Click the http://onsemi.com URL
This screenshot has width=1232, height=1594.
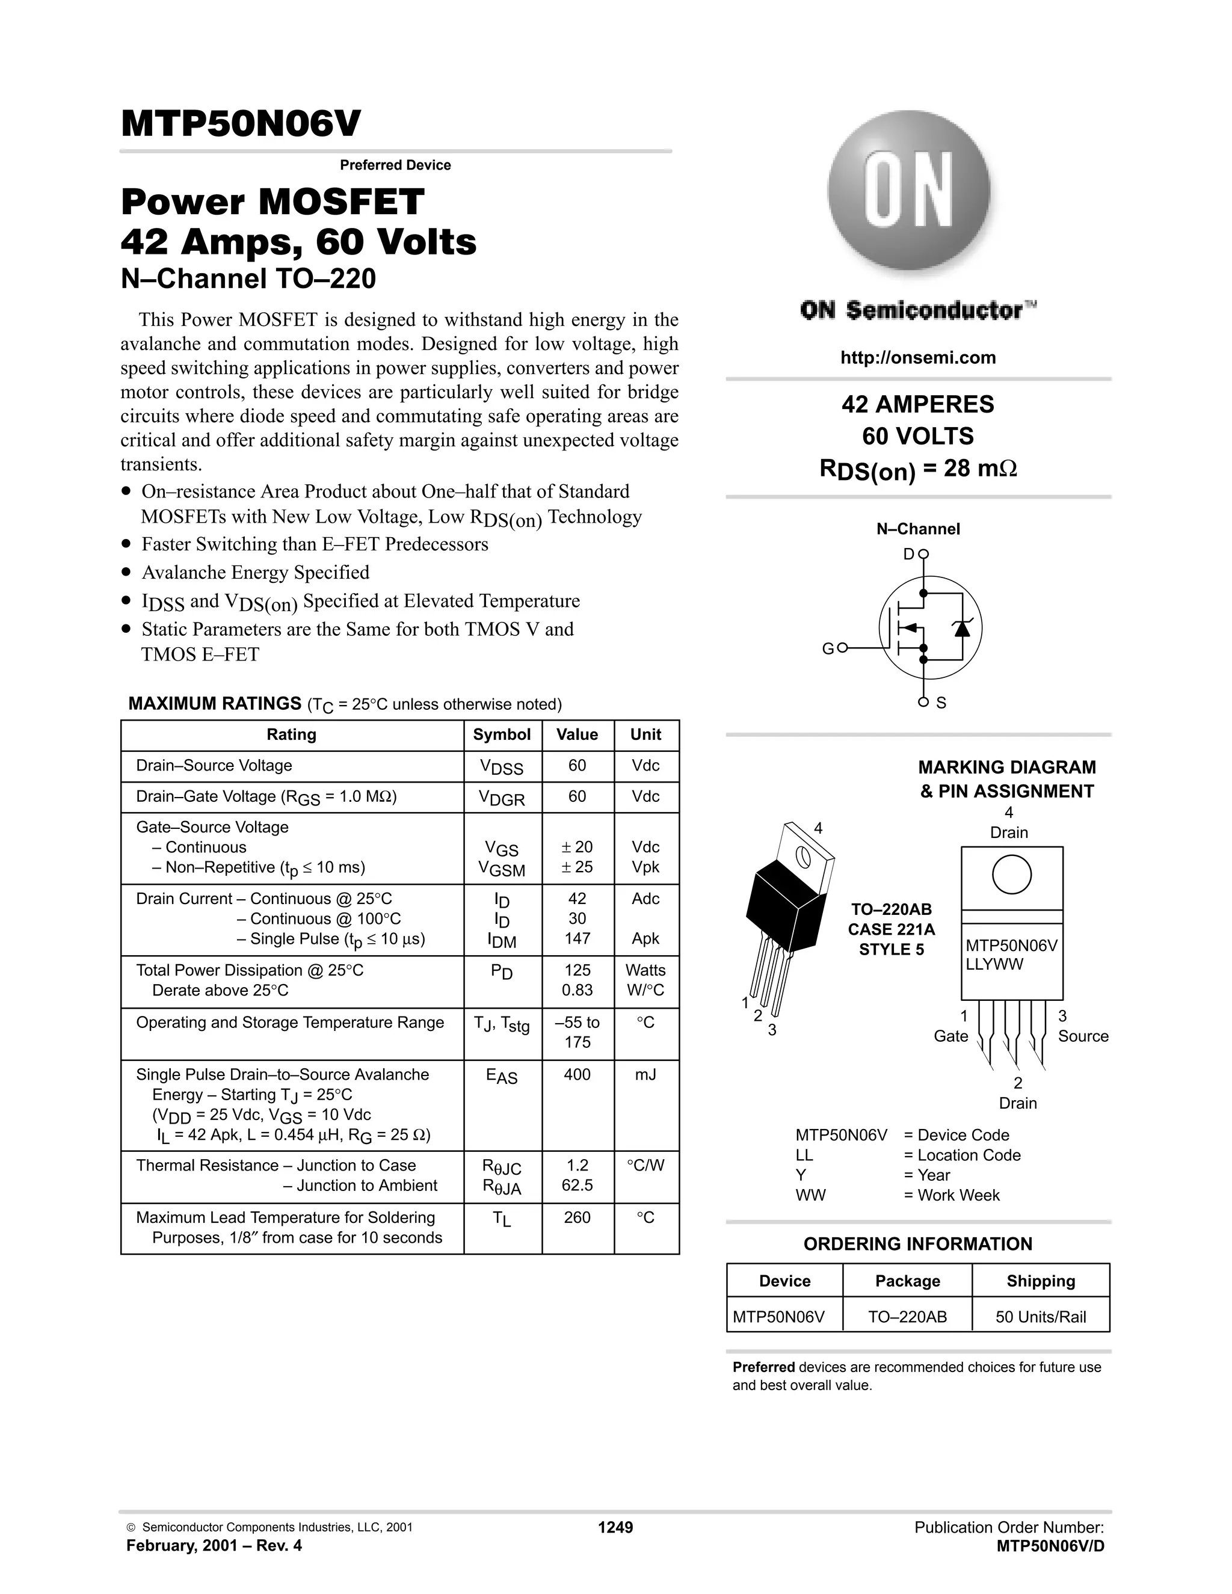coord(917,358)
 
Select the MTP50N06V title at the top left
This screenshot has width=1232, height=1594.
coord(241,124)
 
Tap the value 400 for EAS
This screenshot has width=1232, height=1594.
coord(576,1074)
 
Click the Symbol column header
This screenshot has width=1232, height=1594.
coord(502,735)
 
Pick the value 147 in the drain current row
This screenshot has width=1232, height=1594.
coord(576,938)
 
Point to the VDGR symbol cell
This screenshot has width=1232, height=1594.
coord(502,798)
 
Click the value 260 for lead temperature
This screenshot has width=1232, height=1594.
coord(576,1217)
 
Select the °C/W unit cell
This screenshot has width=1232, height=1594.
coord(645,1166)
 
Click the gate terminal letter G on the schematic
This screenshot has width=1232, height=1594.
coord(828,649)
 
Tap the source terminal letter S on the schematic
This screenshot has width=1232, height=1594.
coord(941,703)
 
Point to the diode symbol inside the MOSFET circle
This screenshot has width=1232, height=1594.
coord(962,627)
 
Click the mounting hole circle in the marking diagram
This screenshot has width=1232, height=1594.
coord(1012,875)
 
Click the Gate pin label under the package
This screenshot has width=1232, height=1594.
coord(950,1036)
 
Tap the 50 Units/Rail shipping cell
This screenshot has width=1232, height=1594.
coord(1040,1317)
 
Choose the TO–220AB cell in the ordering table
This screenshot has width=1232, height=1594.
coord(907,1317)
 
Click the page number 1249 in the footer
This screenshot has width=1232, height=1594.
coord(615,1528)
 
